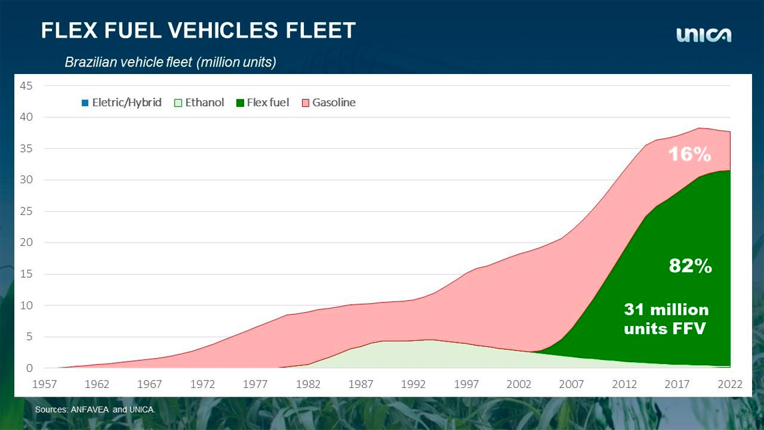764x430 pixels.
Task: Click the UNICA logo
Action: tap(703, 35)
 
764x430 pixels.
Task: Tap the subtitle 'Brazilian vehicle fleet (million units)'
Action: tap(170, 62)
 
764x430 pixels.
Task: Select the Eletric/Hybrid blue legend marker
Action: tap(85, 103)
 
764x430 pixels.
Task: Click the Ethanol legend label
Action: tap(205, 103)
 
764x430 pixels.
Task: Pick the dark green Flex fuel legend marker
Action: tap(240, 103)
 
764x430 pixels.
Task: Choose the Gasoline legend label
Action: tap(334, 103)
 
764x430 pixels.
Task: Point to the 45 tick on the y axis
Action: tap(26, 85)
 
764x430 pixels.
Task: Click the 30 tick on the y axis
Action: tap(26, 180)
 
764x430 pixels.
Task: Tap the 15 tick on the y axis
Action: tap(26, 274)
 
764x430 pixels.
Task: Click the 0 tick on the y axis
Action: tap(29, 368)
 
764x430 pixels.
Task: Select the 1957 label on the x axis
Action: tap(45, 384)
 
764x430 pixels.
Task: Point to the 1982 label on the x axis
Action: tap(309, 384)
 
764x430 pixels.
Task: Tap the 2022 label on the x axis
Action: tap(731, 384)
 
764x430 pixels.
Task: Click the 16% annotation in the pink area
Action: tap(690, 155)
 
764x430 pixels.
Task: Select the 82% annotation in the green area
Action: tap(690, 266)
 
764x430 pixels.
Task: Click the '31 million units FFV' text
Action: tap(666, 319)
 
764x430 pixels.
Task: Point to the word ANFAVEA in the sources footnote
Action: tap(89, 409)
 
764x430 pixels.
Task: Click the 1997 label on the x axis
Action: tap(467, 384)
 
